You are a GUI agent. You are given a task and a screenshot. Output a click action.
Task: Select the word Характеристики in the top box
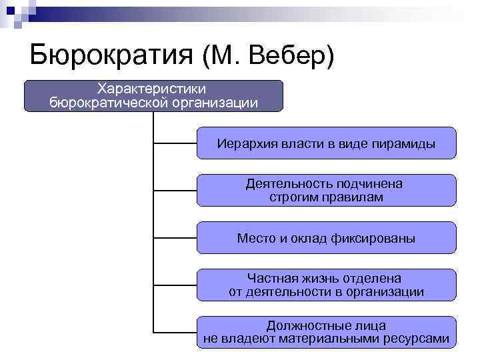pos(152,88)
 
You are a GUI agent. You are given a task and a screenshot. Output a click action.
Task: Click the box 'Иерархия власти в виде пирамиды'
pos(326,143)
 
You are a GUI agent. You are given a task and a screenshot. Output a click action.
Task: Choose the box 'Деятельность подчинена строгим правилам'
pos(326,190)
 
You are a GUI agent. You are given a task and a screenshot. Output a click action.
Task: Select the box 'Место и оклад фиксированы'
pos(326,238)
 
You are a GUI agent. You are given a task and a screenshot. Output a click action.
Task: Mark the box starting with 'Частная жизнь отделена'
pos(326,285)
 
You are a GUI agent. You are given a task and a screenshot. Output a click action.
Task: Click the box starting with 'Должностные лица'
pos(326,332)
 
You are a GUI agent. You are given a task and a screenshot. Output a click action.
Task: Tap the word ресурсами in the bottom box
pos(418,339)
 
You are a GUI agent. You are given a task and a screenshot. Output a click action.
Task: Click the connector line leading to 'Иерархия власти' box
pos(175,143)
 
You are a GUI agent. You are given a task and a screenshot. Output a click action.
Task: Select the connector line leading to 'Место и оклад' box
pos(175,237)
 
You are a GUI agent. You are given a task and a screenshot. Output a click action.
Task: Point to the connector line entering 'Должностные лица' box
pos(175,332)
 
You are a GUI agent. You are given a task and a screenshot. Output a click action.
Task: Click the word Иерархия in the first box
pos(241,143)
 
